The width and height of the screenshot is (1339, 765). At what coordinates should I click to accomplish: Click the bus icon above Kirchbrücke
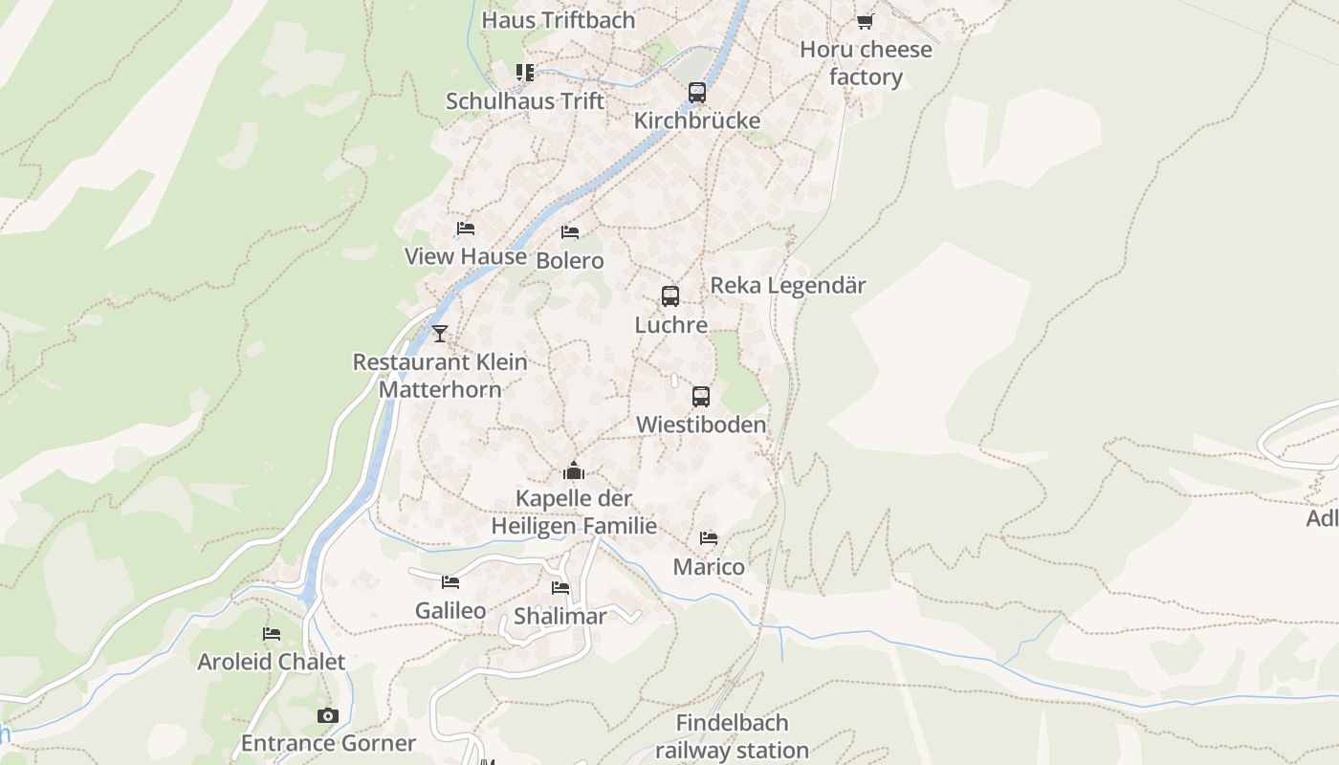tap(697, 93)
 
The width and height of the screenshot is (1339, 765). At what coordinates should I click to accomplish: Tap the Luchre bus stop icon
tap(670, 296)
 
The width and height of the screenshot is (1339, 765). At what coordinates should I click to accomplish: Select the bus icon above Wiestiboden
tap(701, 397)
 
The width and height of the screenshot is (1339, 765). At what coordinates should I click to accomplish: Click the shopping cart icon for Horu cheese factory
tap(866, 21)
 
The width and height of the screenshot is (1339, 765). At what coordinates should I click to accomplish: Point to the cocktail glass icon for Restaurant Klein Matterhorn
tap(440, 334)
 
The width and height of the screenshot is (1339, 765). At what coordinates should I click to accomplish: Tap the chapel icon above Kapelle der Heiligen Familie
tap(574, 470)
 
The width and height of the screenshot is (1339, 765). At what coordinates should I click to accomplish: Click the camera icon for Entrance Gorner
tap(328, 715)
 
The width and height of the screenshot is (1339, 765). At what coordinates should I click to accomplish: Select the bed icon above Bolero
tap(570, 232)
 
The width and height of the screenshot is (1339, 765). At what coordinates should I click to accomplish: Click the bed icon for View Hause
tap(466, 229)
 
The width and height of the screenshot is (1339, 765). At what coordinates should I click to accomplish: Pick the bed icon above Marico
tap(709, 538)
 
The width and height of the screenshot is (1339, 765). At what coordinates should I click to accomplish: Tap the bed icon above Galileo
tap(450, 582)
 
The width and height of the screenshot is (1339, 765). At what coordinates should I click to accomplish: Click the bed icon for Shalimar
tap(560, 588)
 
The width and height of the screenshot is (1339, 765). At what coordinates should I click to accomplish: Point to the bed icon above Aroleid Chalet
tap(272, 634)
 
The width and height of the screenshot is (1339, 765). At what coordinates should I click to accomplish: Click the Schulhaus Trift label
tap(525, 100)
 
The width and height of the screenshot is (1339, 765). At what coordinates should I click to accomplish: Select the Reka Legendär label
tap(788, 285)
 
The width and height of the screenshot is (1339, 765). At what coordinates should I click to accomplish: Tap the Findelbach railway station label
tap(733, 736)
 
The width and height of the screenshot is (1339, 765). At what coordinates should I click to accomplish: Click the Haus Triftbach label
tap(559, 19)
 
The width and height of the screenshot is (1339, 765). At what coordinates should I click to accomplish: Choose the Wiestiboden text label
tap(701, 425)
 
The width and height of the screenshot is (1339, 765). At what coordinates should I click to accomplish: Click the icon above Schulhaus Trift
tap(525, 73)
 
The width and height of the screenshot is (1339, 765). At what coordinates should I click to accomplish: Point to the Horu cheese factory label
tap(866, 63)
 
